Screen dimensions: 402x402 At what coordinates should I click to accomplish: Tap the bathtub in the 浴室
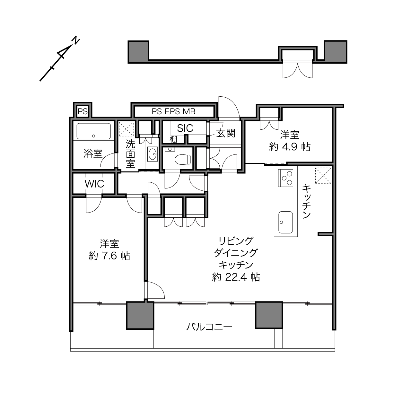(94, 131)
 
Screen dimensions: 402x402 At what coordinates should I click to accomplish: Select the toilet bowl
(183, 159)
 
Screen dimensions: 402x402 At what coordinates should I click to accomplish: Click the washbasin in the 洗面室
(153, 154)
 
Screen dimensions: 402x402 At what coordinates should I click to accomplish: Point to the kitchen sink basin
(285, 222)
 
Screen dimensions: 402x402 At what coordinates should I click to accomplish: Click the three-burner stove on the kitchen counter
(285, 178)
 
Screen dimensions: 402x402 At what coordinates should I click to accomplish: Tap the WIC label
(94, 184)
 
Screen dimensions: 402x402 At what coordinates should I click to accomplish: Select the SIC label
(185, 128)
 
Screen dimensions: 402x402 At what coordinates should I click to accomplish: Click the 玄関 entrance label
(226, 133)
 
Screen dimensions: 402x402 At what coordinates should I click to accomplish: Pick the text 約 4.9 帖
(290, 147)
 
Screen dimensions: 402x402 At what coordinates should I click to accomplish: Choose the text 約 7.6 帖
(109, 256)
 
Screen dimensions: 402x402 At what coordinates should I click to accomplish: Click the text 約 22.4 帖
(236, 277)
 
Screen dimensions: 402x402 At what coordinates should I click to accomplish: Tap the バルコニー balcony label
(209, 327)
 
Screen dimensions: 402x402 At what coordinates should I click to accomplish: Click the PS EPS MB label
(174, 112)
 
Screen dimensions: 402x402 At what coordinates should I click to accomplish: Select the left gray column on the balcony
(140, 315)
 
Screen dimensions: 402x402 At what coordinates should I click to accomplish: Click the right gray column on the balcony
(269, 315)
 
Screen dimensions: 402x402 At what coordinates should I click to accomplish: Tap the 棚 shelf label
(173, 139)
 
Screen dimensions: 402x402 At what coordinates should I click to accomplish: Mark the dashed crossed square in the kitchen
(323, 176)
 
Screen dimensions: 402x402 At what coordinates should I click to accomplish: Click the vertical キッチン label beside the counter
(306, 201)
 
